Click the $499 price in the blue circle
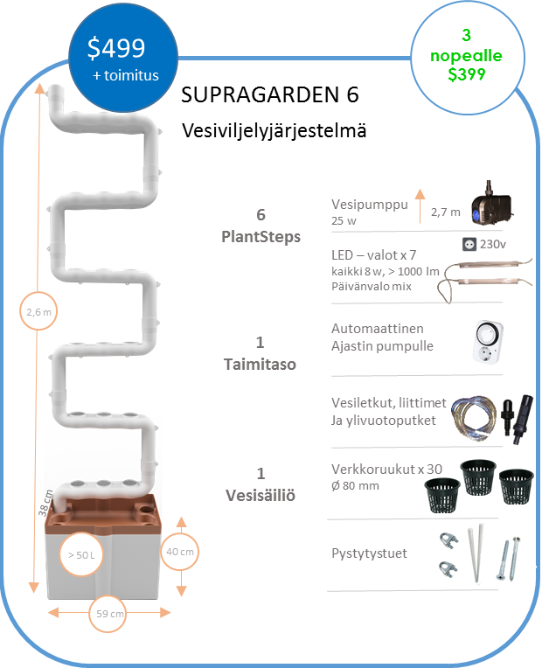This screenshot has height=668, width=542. tap(116, 48)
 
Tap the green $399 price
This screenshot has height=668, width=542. tap(467, 74)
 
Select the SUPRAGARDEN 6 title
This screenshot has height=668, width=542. tap(270, 94)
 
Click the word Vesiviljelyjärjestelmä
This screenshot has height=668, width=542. tap(274, 130)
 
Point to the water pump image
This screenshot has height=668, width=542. tap(491, 204)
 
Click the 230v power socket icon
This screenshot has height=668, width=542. tap(469, 244)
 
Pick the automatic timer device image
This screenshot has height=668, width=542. tap(489, 342)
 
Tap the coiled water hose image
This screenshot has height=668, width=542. tap(474, 419)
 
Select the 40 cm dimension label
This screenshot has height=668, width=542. tap(180, 552)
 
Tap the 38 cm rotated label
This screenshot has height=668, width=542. tap(45, 503)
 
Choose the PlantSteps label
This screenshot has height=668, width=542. tap(261, 236)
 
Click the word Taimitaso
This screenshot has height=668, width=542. tap(260, 365)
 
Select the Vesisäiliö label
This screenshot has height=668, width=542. tap(261, 496)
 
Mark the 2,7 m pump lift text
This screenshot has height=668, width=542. tap(446, 212)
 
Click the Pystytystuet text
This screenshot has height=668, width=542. tap(369, 553)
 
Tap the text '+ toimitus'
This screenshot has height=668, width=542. tap(126, 75)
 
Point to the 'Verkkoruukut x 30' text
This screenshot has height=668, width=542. tap(387, 469)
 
